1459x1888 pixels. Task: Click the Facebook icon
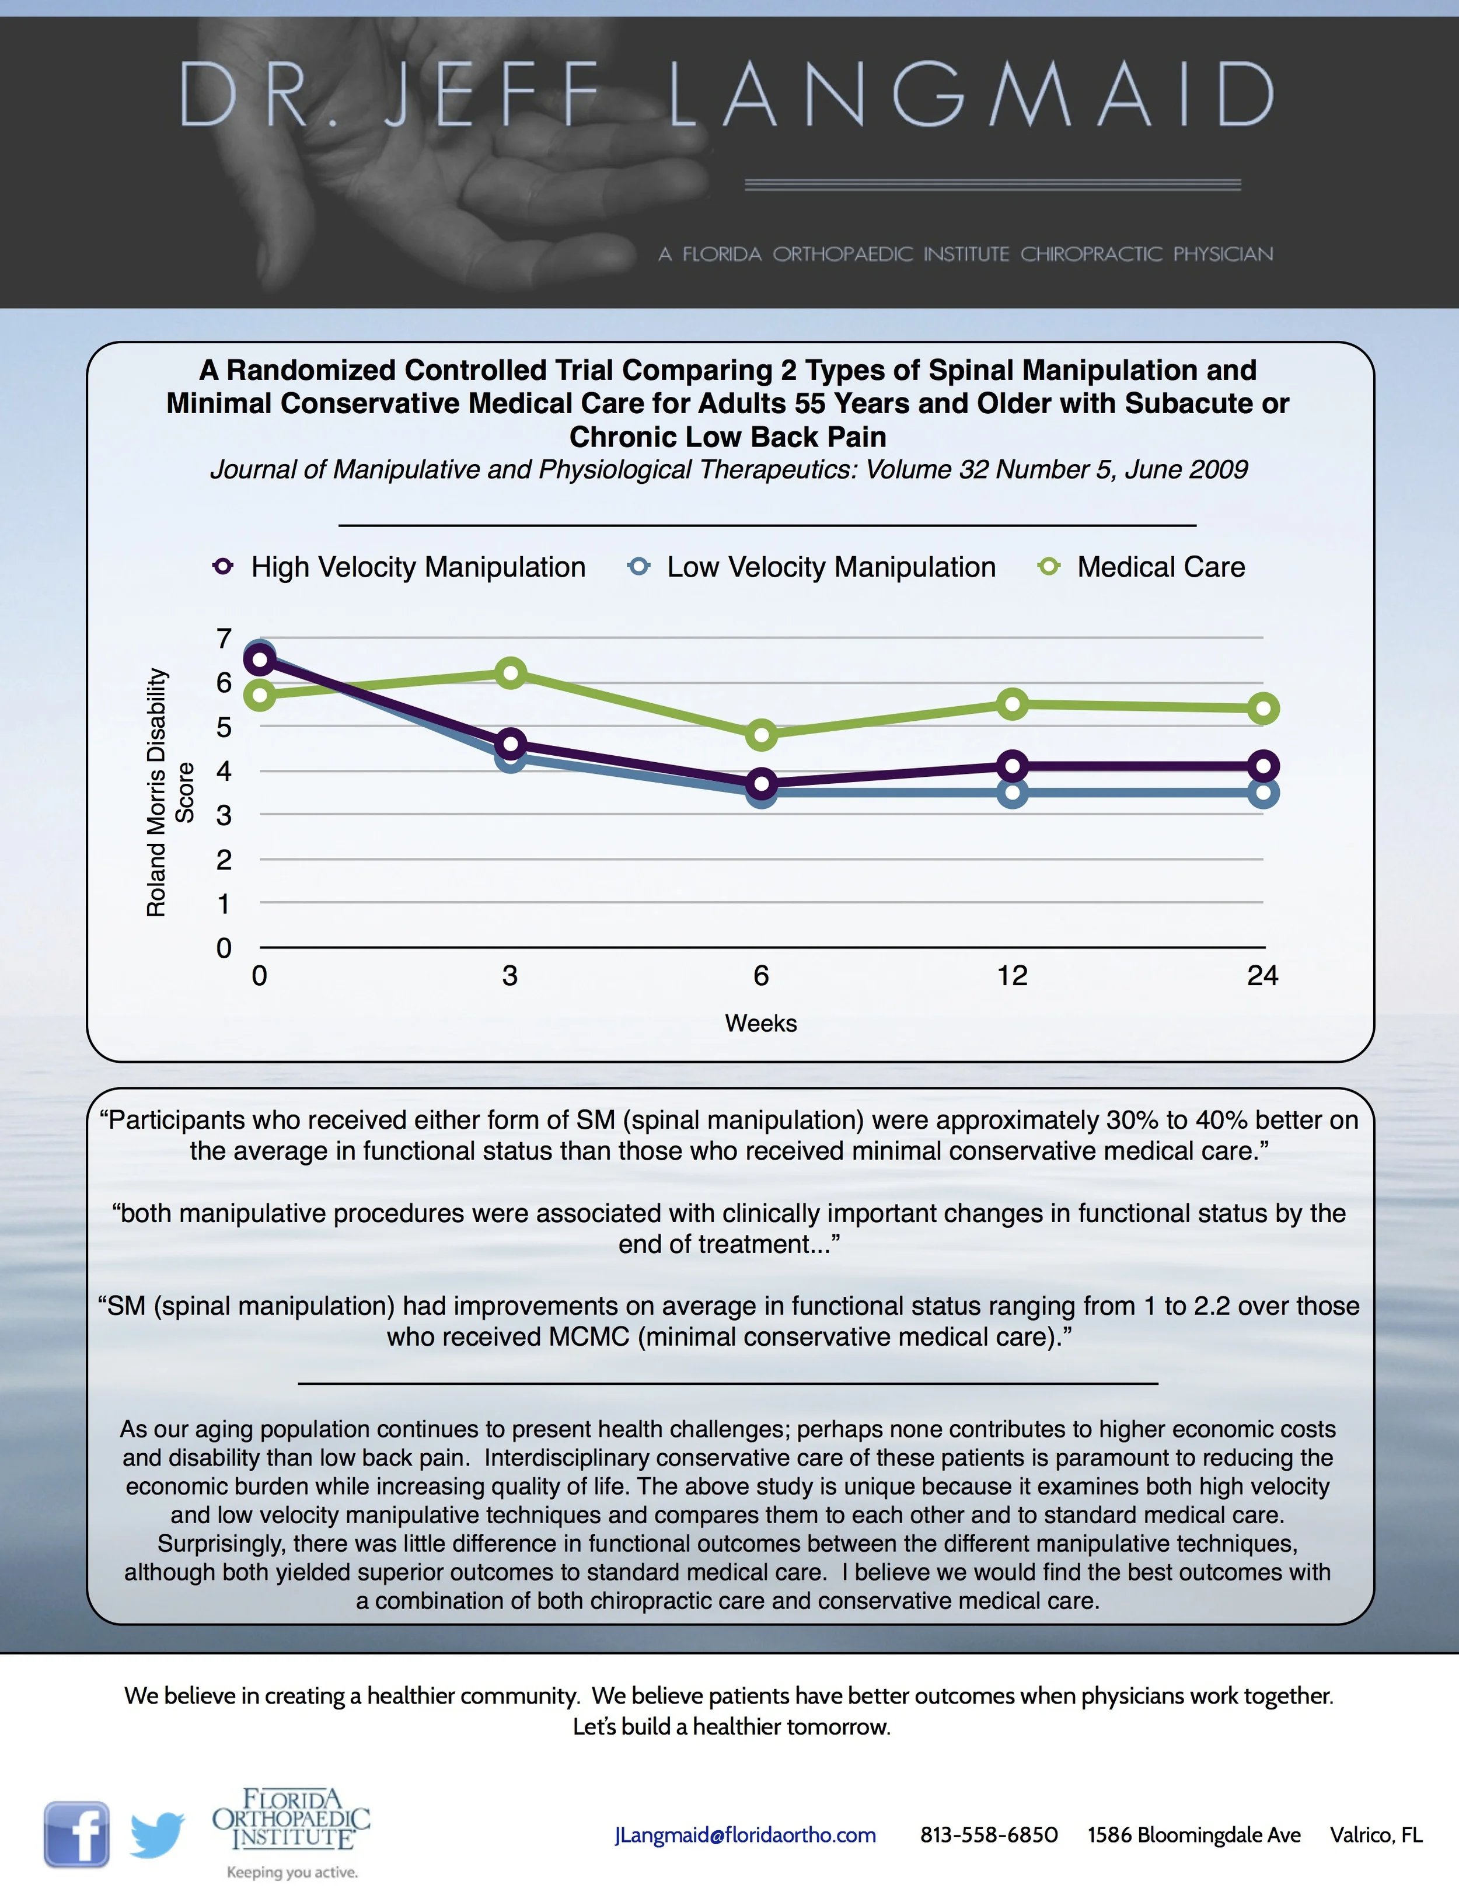coord(77,1834)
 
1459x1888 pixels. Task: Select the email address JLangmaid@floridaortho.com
coord(745,1835)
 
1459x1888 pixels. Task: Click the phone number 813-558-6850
coord(989,1835)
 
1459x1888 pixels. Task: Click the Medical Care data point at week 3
coord(511,672)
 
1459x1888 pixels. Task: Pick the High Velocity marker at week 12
coord(1012,765)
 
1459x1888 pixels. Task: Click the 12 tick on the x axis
coord(1012,976)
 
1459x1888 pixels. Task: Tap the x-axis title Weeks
coord(760,1024)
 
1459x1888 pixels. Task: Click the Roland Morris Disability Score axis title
coord(169,792)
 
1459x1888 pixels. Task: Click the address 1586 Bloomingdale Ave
coord(1193,1835)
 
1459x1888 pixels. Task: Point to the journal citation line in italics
coord(729,469)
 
